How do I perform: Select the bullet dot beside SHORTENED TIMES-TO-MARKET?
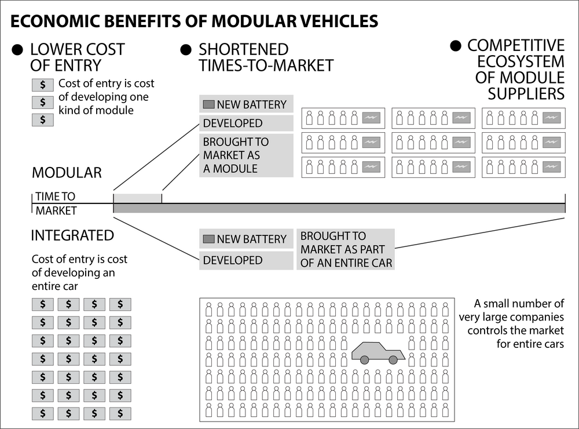(186, 50)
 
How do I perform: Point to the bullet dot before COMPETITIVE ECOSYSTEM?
(456, 46)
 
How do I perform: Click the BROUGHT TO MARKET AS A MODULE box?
(246, 155)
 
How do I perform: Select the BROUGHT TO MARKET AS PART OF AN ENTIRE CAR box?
(346, 249)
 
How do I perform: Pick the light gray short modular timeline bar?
(138, 198)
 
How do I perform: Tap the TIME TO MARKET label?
(56, 203)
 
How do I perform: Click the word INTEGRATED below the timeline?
(72, 236)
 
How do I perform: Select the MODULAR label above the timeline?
(67, 173)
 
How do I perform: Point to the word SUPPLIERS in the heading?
(526, 93)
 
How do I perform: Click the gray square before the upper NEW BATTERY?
(208, 105)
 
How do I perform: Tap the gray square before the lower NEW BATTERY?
(208, 239)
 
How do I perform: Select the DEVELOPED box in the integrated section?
(246, 260)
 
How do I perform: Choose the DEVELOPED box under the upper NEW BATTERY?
(246, 123)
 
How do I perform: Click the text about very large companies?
(511, 323)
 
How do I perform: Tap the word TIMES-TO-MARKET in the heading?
(266, 66)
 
